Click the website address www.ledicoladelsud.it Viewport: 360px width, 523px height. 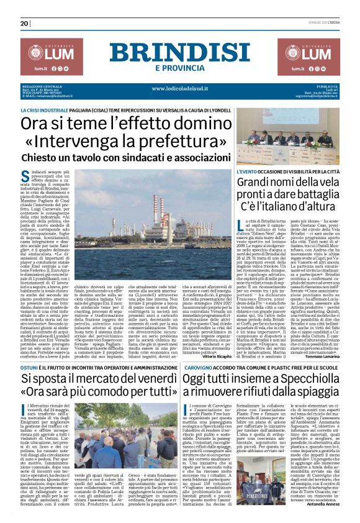[180, 89]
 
